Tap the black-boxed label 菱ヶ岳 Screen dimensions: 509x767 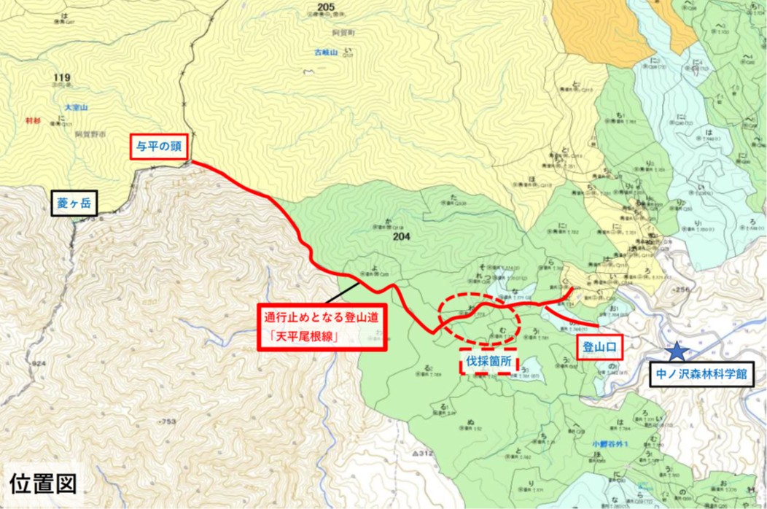pyautogui.click(x=73, y=203)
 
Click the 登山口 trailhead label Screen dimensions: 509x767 pyautogui.click(x=601, y=348)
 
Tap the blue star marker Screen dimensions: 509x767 pyautogui.click(x=677, y=351)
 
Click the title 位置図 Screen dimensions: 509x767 pyautogui.click(x=42, y=483)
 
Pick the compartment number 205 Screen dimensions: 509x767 pyautogui.click(x=326, y=7)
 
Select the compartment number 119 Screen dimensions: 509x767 pyautogui.click(x=61, y=77)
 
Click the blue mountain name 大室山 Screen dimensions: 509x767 pyautogui.click(x=77, y=107)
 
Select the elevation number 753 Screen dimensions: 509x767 pyautogui.click(x=170, y=421)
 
